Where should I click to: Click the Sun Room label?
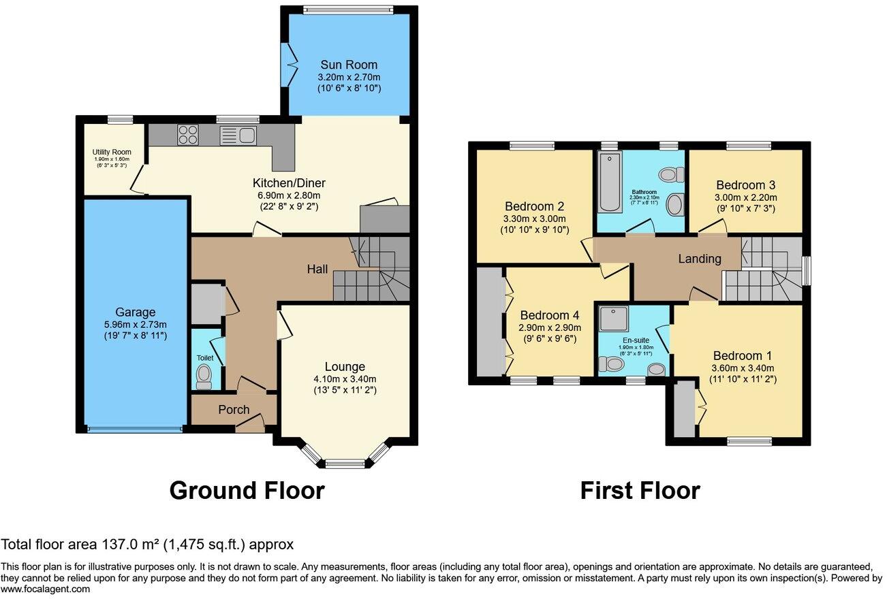[x=349, y=65]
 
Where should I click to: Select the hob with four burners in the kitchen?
[x=187, y=135]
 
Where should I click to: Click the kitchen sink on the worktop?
[x=237, y=135]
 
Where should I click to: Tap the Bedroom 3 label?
[x=745, y=184]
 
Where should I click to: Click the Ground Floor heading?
[x=247, y=490]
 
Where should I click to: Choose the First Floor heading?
[x=640, y=490]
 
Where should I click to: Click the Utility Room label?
[x=112, y=152]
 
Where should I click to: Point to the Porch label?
[x=234, y=410]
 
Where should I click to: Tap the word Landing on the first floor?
[x=700, y=259]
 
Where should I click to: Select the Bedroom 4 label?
[x=549, y=315]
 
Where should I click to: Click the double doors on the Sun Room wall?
[x=291, y=65]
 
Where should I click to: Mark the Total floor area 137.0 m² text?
[x=147, y=545]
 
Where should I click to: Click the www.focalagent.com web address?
[x=45, y=589]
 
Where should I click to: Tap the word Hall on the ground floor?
[x=317, y=270]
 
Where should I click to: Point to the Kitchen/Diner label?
[x=289, y=183]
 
